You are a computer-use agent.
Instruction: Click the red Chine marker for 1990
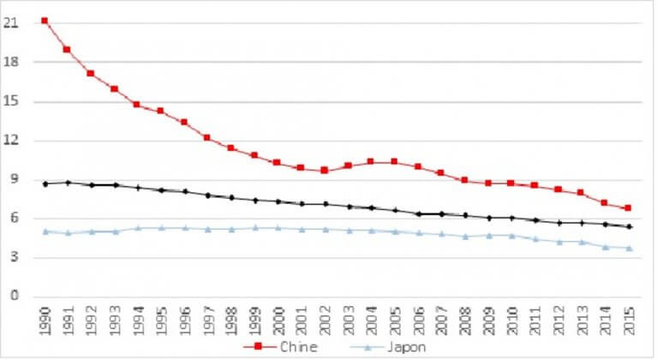44,21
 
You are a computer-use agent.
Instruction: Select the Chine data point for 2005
394,161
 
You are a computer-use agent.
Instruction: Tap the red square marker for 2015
628,208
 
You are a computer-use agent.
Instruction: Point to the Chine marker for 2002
324,171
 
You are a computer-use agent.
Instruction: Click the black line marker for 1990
44,183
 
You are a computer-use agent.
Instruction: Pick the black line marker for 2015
628,226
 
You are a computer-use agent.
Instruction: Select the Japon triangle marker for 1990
44,231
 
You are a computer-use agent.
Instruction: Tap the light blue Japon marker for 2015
628,248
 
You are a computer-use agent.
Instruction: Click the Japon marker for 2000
277,227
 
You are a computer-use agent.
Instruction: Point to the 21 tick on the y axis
12,23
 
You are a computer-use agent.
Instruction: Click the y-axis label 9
15,180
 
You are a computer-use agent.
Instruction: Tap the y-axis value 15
12,102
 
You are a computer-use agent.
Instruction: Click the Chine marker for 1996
183,123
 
